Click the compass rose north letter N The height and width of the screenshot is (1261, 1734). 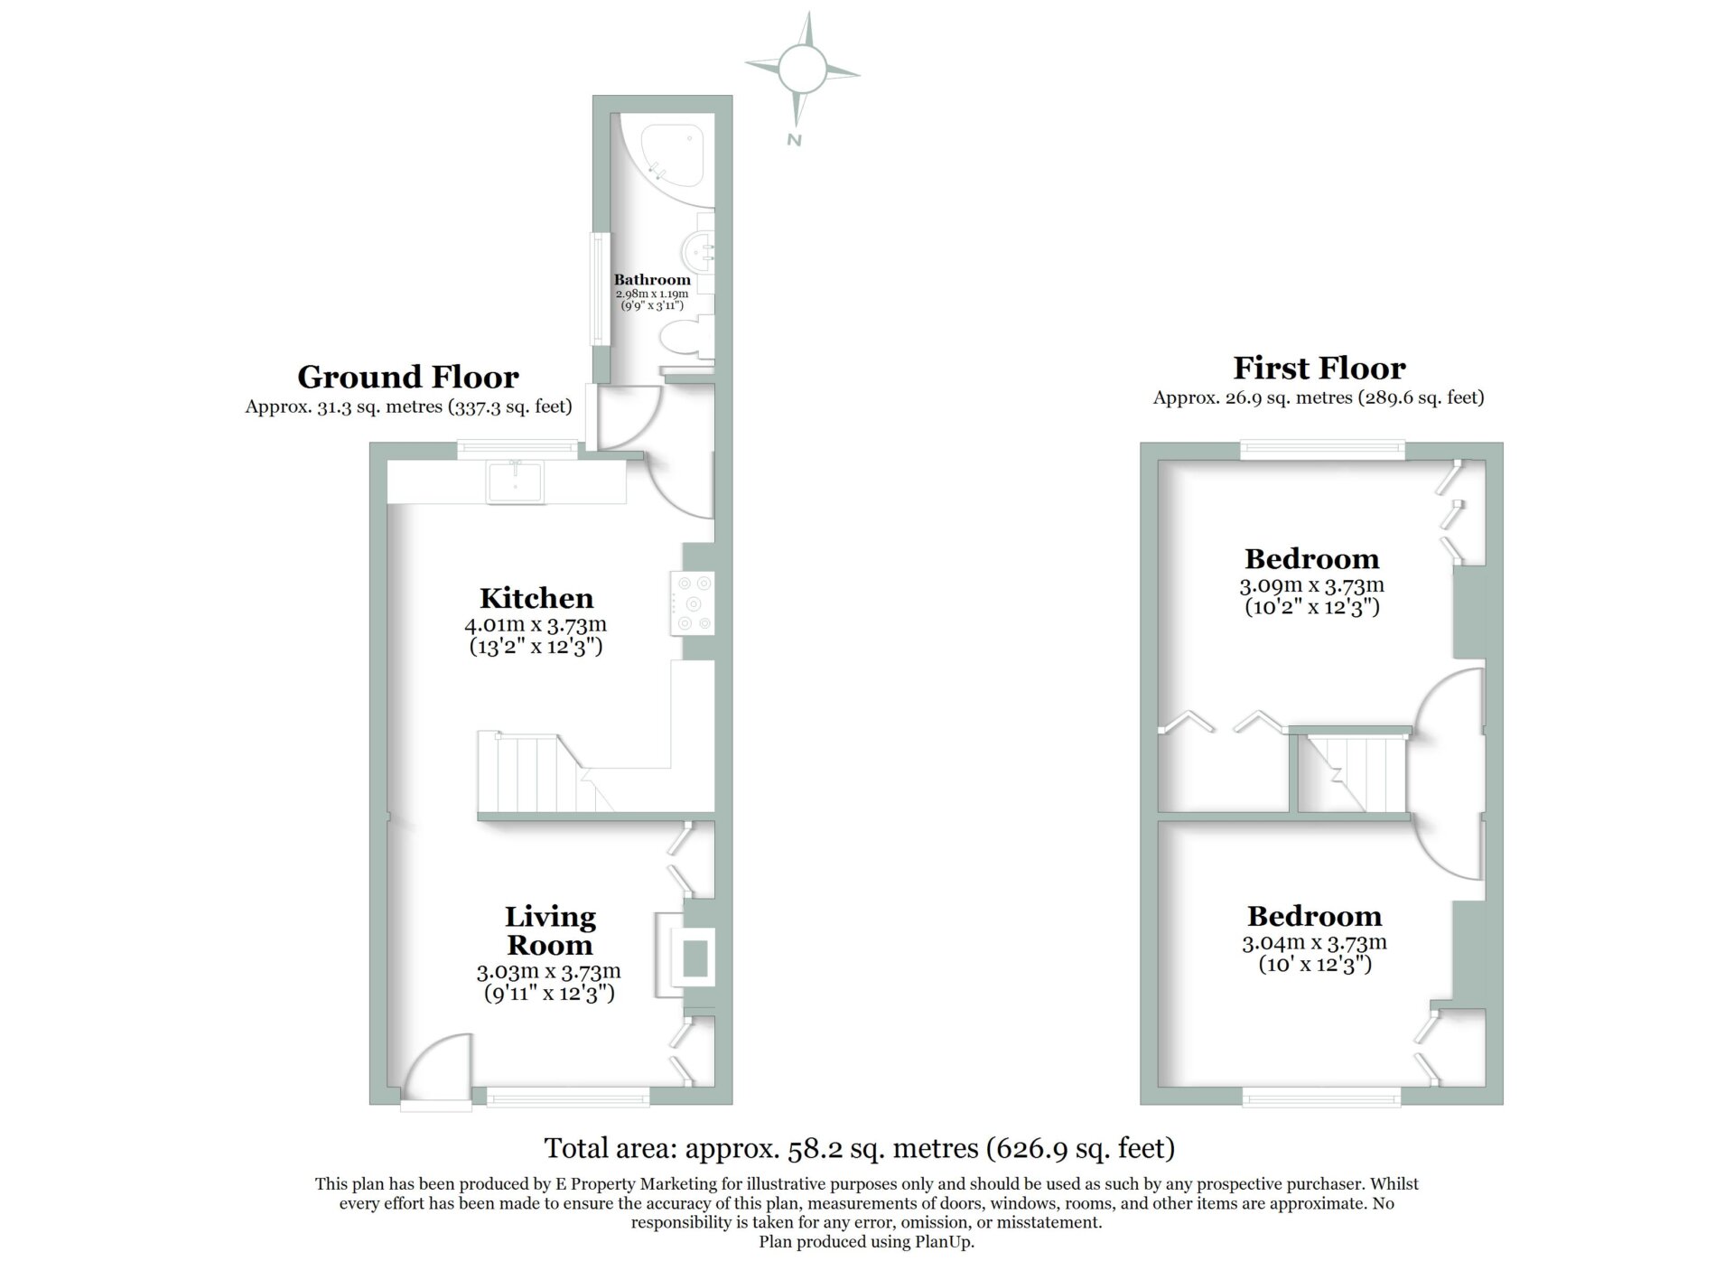794,140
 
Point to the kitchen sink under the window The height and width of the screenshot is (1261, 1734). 515,481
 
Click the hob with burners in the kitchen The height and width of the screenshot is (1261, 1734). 692,602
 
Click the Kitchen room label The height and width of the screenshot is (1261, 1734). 536,598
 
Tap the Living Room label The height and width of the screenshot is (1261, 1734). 550,930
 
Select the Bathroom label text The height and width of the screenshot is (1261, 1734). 652,280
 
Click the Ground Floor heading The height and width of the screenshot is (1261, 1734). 408,377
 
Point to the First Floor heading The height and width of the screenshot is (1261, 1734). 1319,368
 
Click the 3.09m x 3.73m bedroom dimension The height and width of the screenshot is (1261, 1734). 1312,585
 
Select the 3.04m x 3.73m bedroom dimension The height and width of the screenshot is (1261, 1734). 1315,942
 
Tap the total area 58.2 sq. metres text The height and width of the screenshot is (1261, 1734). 860,1148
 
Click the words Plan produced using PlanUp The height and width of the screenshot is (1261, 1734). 867,1242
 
